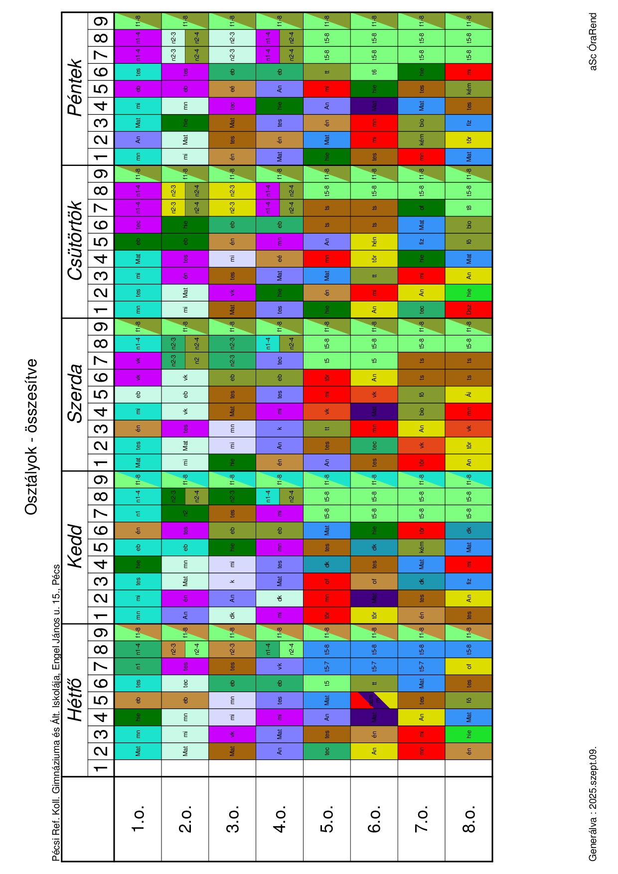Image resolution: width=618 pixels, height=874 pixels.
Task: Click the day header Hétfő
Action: [x=75, y=700]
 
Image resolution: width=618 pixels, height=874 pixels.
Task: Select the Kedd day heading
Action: [x=75, y=546]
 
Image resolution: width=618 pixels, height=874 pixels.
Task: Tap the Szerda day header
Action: [x=75, y=394]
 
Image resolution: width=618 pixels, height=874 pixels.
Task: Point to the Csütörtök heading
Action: [x=75, y=241]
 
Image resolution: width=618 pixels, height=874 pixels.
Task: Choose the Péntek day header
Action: [x=75, y=88]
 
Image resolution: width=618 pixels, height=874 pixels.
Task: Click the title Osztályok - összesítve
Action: [x=31, y=437]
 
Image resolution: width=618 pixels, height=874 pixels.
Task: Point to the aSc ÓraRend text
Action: [x=593, y=42]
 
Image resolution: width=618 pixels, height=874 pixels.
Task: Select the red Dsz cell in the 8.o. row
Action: [x=468, y=309]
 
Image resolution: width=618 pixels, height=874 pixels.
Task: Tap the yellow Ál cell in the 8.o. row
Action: [x=468, y=394]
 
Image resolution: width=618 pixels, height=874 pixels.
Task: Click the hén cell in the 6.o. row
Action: [x=374, y=241]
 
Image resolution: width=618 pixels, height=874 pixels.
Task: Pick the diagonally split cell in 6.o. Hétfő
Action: [x=374, y=700]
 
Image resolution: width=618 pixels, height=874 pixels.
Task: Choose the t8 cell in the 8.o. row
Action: [x=468, y=207]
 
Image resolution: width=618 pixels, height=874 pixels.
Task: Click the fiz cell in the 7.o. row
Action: [x=421, y=241]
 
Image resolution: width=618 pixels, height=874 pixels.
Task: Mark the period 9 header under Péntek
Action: [x=101, y=21]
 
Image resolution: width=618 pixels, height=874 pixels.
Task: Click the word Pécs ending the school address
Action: [x=56, y=574]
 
